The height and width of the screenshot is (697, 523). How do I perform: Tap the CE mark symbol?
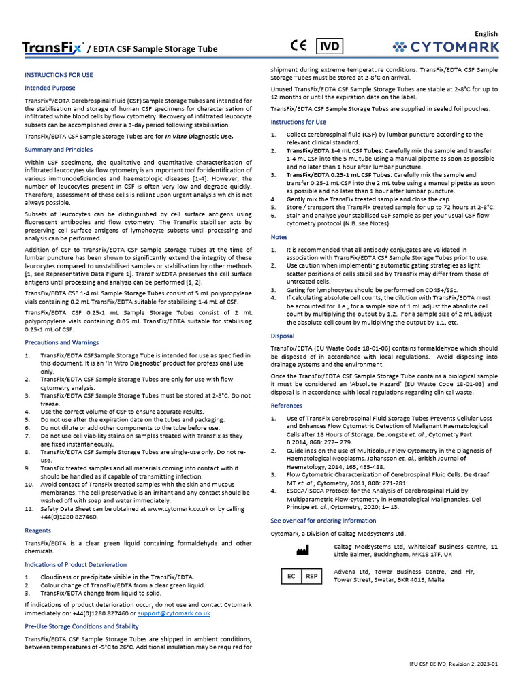(x=299, y=46)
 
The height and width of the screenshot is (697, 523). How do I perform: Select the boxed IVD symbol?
(x=331, y=46)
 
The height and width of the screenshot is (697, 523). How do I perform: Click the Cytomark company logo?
(x=446, y=47)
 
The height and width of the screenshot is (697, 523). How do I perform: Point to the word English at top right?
(x=486, y=34)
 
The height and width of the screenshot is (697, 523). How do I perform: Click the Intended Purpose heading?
(x=50, y=88)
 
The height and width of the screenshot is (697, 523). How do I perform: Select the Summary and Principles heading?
(x=59, y=149)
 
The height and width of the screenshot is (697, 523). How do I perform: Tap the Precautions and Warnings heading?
(x=62, y=342)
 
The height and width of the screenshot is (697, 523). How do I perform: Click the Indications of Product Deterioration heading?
(x=76, y=565)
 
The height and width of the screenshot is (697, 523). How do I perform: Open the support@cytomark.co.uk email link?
(x=174, y=613)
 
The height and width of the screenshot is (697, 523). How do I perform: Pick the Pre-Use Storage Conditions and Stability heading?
(x=82, y=626)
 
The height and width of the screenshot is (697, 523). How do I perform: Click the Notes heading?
(x=280, y=237)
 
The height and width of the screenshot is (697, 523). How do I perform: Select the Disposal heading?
(x=283, y=336)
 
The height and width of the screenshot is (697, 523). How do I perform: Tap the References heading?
(x=287, y=406)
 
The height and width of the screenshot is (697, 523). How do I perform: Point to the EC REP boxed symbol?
(x=301, y=576)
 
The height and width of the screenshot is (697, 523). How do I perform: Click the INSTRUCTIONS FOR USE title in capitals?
(x=59, y=74)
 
